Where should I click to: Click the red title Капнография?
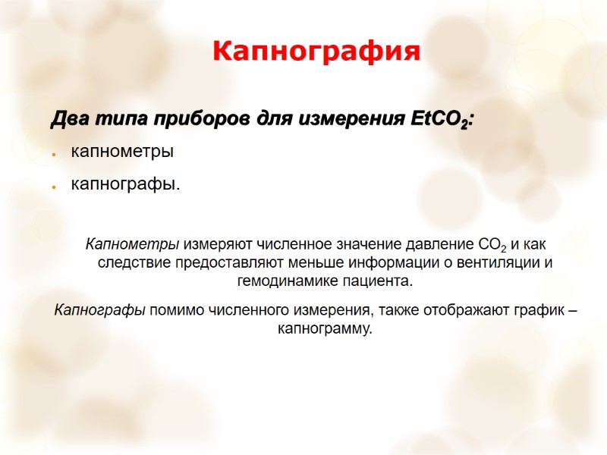[316, 52]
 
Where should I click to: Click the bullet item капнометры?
[122, 152]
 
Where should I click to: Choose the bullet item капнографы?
[126, 184]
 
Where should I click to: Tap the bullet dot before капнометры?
[55, 153]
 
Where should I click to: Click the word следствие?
[134, 263]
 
